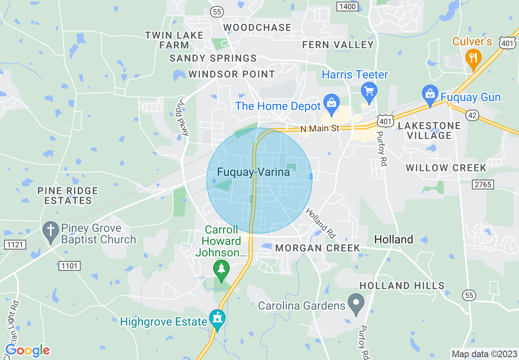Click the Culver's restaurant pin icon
pos(473,57)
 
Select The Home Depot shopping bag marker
pos(331,103)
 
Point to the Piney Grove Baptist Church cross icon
pos(51,231)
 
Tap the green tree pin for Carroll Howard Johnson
pos(221,269)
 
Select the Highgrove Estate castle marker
pos(217,319)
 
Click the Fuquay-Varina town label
pos(253,172)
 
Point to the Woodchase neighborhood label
pos(257,27)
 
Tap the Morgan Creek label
pos(318,248)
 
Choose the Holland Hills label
pos(402,286)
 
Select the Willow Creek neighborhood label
pos(446,168)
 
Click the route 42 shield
pos(472,116)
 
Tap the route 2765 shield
pos(483,184)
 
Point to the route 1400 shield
pos(348,6)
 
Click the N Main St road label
pos(320,128)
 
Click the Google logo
pos(27,350)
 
